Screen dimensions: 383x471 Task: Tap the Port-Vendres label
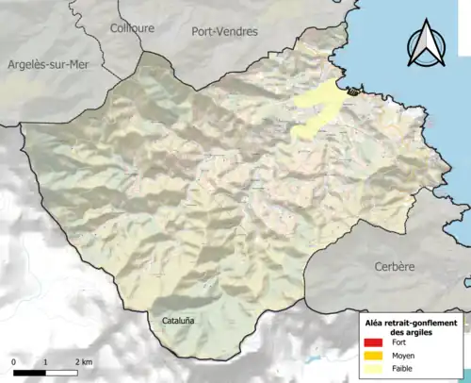(224, 31)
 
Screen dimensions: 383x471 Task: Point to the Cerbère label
(394, 267)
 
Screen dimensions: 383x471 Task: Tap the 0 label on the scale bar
(14, 362)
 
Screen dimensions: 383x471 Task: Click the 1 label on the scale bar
(45, 362)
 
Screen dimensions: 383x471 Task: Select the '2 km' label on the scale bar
(83, 362)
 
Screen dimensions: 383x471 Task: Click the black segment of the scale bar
(29, 374)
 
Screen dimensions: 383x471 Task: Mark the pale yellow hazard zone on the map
(317, 108)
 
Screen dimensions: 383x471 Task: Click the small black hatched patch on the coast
(353, 92)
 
